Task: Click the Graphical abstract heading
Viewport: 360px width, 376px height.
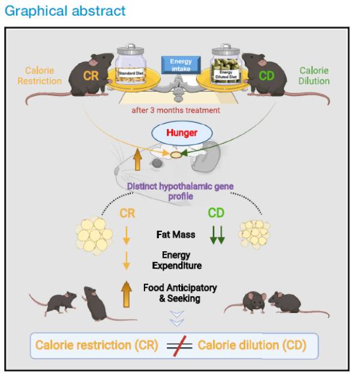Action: coord(65,11)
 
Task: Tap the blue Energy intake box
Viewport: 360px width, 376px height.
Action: coord(181,65)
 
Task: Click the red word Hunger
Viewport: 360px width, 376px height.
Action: coord(182,133)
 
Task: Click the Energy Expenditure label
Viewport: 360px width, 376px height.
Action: coord(178,260)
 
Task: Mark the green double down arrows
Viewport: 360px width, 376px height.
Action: coord(217,234)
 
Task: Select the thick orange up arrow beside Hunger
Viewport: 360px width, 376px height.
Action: coord(137,160)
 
